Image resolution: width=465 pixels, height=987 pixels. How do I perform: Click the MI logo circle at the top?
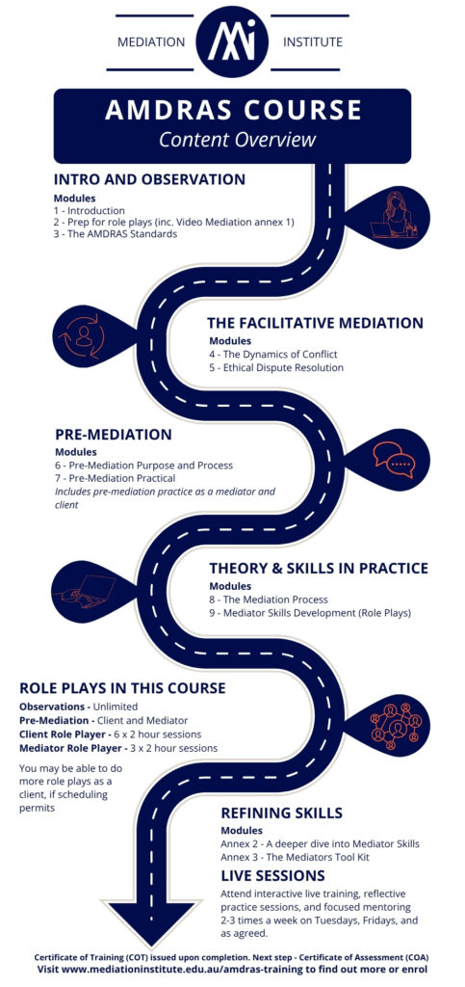[233, 41]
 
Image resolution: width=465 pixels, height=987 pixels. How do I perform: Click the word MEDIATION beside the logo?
[151, 42]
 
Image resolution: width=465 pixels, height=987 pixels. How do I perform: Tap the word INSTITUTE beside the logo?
[313, 42]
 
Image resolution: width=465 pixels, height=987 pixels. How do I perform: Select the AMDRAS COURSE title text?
[233, 110]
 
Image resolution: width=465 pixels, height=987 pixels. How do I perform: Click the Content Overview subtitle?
[237, 139]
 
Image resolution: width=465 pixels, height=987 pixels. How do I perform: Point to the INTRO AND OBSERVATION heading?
[149, 179]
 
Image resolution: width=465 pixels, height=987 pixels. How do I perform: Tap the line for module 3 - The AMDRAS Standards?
[116, 234]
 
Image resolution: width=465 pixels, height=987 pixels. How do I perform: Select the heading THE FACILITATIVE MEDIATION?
[316, 323]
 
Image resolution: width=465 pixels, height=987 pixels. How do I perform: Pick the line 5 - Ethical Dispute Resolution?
[276, 367]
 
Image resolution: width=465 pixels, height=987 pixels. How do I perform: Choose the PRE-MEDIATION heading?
[113, 435]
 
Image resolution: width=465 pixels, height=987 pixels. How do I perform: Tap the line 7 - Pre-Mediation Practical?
[115, 478]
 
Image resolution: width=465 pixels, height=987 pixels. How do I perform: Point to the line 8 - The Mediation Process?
[269, 600]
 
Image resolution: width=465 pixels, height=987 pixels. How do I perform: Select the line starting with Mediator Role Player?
[118, 748]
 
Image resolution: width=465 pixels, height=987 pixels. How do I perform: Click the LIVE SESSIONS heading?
[272, 875]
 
